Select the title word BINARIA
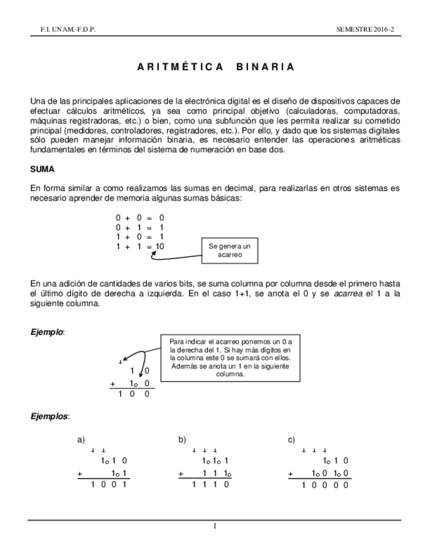263,67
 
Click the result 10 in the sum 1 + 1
159,247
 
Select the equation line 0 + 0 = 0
140,217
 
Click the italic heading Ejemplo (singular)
47,332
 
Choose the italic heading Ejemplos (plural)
50,416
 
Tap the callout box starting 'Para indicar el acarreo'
230,358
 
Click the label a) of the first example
81,439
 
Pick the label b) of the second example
183,439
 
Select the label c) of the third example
291,439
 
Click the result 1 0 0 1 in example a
108,485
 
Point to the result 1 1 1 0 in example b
210,485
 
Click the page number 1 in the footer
215,525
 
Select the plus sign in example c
290,473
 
